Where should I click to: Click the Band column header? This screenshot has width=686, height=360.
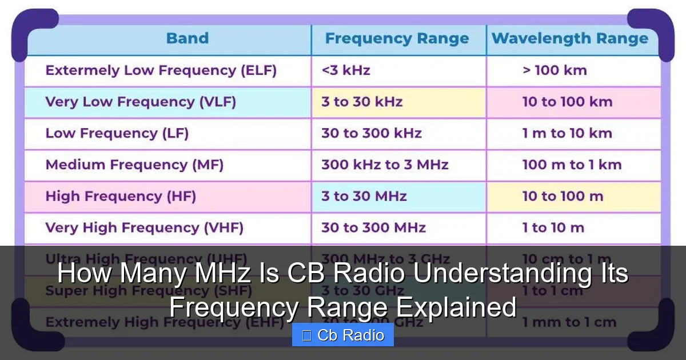187,39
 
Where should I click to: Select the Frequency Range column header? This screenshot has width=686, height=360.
397,39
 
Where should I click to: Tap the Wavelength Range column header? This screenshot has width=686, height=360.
570,39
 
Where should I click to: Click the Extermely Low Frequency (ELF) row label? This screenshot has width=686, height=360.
161,71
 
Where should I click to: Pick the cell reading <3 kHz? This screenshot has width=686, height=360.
346,71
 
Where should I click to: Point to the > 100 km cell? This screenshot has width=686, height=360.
555,71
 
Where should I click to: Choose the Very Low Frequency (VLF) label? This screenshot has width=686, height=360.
141,102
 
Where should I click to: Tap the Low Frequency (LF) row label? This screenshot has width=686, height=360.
117,134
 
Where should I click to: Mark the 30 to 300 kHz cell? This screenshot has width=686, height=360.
371,134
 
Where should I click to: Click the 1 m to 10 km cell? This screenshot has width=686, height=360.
567,134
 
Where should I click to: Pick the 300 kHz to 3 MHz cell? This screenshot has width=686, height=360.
385,165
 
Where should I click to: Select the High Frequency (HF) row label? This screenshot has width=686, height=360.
121,197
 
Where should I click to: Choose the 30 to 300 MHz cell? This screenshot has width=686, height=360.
373,228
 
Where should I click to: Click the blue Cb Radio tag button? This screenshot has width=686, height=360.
343,335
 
